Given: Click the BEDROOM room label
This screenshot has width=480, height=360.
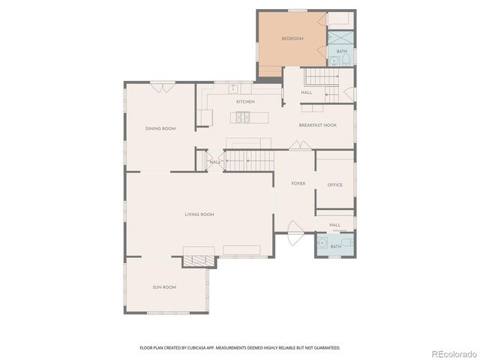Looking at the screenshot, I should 292,38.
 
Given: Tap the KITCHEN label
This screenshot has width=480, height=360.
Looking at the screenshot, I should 245,101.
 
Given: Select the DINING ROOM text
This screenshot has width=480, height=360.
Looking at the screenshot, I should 160,128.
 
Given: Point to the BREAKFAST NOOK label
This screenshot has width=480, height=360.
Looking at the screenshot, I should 317,125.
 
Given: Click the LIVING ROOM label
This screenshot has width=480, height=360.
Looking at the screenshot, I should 199,214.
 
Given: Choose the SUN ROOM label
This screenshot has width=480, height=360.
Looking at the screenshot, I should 164,286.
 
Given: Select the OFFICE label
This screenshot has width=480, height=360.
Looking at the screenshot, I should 334,184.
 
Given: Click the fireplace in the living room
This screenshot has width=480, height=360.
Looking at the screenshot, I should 199,259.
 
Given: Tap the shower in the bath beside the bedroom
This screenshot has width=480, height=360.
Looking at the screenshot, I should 341,37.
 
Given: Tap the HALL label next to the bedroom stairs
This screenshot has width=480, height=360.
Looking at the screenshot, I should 307,93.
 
